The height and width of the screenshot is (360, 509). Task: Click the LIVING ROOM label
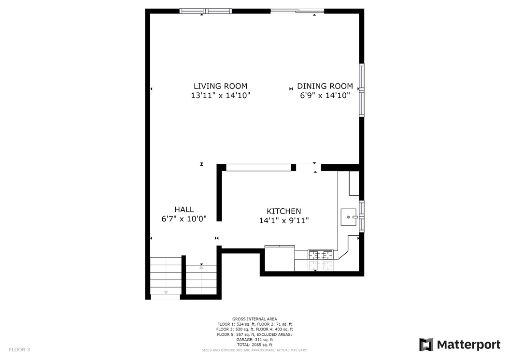(x=220, y=86)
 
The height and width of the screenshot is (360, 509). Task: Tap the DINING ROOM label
(x=325, y=86)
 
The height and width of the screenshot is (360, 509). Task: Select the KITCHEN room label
(x=284, y=211)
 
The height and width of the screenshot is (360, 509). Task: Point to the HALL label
(x=184, y=209)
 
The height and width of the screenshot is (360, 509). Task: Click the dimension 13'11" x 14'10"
(x=220, y=96)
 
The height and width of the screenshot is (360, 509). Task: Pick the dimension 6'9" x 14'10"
(x=325, y=96)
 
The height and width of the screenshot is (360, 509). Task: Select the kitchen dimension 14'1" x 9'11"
(x=284, y=221)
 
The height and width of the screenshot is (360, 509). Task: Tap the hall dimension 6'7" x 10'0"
(x=184, y=218)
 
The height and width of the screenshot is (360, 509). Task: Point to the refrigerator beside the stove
(x=280, y=259)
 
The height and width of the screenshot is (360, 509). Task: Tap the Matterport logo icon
(x=426, y=345)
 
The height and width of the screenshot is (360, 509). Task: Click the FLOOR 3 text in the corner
(x=19, y=349)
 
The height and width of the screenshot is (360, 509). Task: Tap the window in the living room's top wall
(x=205, y=11)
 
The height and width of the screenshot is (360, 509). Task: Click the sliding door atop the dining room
(x=297, y=11)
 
